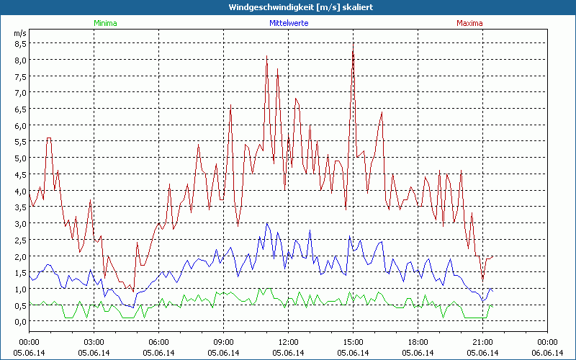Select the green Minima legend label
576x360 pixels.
[x=105, y=23]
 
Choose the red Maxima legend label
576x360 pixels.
[x=469, y=23]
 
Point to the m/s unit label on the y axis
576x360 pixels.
[x=19, y=33]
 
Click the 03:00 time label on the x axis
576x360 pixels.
[x=94, y=342]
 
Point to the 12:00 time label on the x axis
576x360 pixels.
[x=288, y=342]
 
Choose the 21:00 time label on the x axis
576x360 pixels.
[x=482, y=342]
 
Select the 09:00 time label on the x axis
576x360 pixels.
[x=223, y=342]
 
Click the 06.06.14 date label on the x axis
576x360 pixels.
[x=547, y=353]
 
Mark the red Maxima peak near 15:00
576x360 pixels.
[x=353, y=44]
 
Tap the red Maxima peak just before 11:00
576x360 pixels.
[x=266, y=55]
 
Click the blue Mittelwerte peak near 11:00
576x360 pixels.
[x=268, y=223]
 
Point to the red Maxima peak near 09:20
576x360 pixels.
[x=230, y=105]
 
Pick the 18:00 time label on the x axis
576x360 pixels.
[x=418, y=342]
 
